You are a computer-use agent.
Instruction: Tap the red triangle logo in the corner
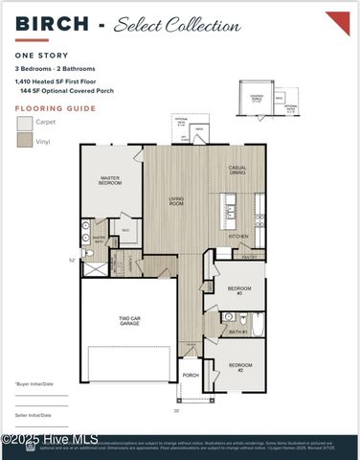pyautogui.click(x=337, y=22)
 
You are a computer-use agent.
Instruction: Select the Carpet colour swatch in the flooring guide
pyautogui.click(x=24, y=124)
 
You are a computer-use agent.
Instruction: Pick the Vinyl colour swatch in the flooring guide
pyautogui.click(x=24, y=141)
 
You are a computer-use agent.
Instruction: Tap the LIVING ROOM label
pyautogui.click(x=176, y=201)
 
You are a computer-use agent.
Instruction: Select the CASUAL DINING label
pyautogui.click(x=236, y=171)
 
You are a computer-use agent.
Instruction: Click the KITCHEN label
pyautogui.click(x=238, y=236)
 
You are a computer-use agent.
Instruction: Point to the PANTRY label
pyautogui.click(x=248, y=257)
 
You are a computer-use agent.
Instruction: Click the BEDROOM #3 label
pyautogui.click(x=239, y=289)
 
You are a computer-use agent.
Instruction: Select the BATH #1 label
pyautogui.click(x=238, y=331)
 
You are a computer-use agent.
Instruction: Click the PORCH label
pyautogui.click(x=191, y=375)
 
